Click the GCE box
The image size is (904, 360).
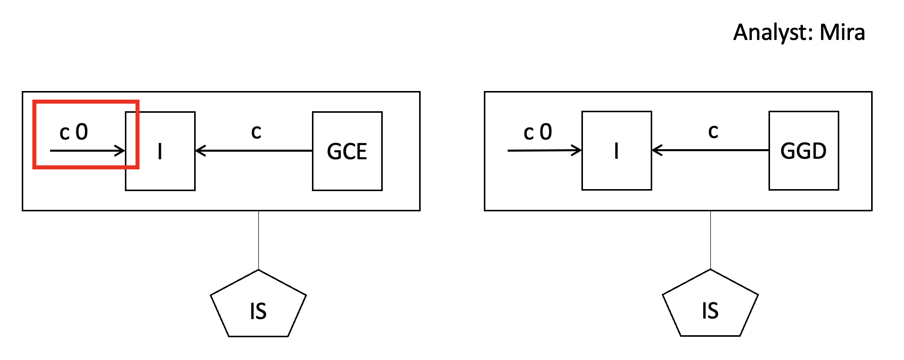347,151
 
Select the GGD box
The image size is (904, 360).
803,151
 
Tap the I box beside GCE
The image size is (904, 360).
160,151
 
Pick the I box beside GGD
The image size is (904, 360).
616,151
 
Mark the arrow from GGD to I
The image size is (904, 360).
710,150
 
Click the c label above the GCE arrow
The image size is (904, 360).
256,132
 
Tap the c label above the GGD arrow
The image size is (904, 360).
713,131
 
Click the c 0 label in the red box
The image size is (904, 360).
74,132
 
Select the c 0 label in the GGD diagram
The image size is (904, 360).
537,132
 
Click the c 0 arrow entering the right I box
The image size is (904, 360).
544,151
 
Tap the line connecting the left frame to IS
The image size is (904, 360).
258,240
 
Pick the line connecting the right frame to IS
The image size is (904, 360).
710,240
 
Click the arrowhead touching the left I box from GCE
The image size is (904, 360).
199,151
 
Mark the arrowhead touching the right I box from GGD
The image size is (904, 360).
656,150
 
